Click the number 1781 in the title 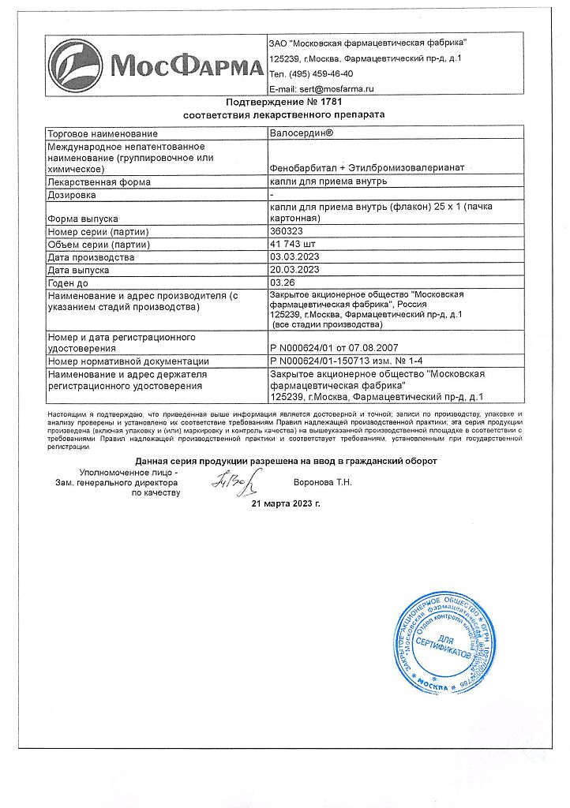[x=332, y=103]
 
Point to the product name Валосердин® [x=302, y=133]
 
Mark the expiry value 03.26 [x=282, y=282]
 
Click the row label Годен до [x=69, y=282]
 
